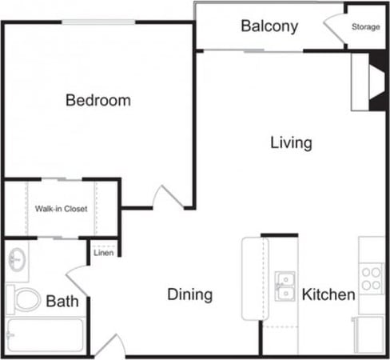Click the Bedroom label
pyautogui.click(x=98, y=101)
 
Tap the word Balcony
pyautogui.click(x=269, y=26)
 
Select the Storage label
pyautogui.click(x=366, y=27)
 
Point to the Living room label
pyautogui.click(x=290, y=143)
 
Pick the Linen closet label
pyautogui.click(x=104, y=253)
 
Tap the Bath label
pyautogui.click(x=62, y=302)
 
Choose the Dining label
pyautogui.click(x=190, y=294)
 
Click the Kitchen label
pyautogui.click(x=328, y=294)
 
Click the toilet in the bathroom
pyautogui.click(x=25, y=300)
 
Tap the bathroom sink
pyautogui.click(x=17, y=259)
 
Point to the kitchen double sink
pyautogui.click(x=285, y=286)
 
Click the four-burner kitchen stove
pyautogui.click(x=371, y=278)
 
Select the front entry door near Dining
pyautogui.click(x=110, y=345)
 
